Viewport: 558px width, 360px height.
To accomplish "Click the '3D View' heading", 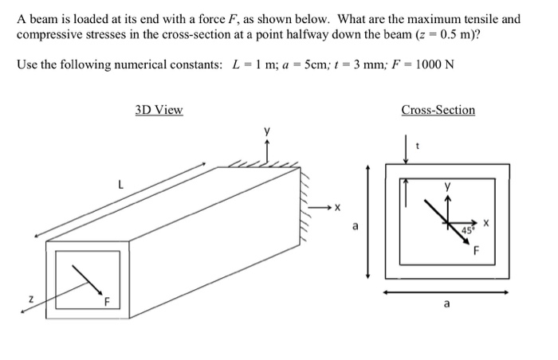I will (159, 110).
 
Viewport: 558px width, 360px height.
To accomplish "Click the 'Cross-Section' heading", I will (438, 110).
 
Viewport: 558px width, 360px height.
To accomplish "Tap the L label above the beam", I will (120, 185).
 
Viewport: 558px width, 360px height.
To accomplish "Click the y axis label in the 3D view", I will (268, 129).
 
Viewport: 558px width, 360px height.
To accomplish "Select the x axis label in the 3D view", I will (337, 208).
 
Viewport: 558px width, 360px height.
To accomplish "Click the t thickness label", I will (430, 146).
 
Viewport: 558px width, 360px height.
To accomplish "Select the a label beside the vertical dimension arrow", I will (356, 226).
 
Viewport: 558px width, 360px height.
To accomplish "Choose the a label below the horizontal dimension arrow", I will (446, 303).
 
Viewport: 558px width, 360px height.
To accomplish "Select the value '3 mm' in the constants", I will (355, 65).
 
